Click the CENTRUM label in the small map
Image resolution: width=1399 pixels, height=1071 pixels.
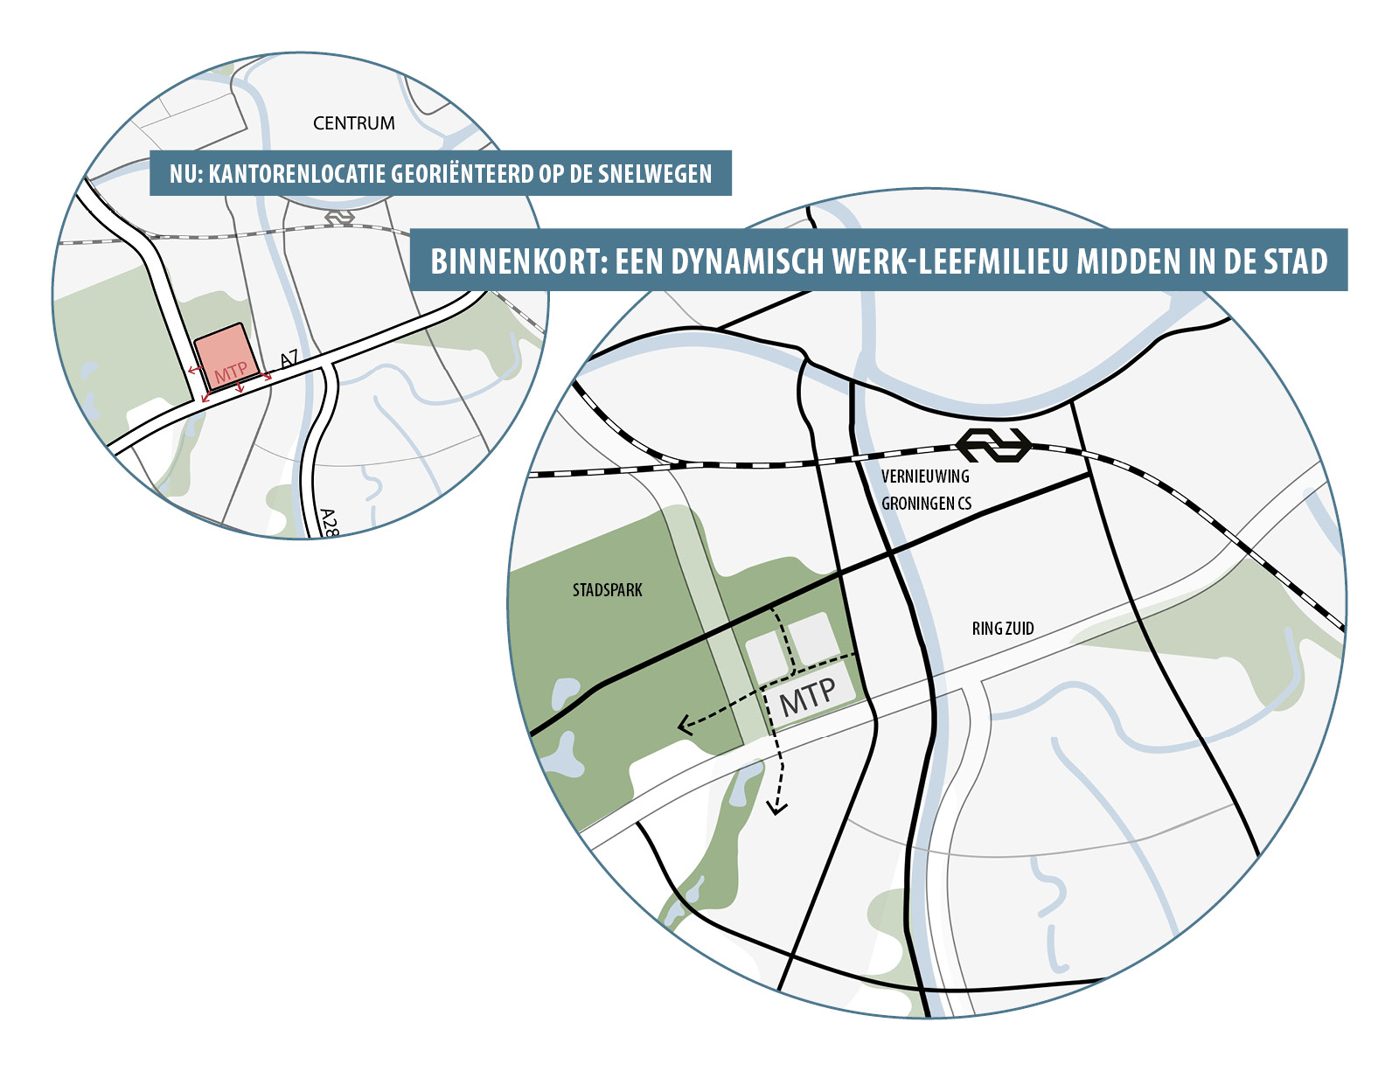pos(353,123)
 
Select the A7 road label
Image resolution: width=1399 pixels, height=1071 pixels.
pos(290,359)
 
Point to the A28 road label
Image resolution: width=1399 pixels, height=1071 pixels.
pos(328,522)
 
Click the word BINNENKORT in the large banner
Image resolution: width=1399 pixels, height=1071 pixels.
pos(513,261)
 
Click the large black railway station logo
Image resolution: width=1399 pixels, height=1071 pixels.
pos(994,445)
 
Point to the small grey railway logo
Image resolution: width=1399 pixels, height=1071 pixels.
pos(339,216)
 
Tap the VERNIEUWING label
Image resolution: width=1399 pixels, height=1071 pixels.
pos(925,476)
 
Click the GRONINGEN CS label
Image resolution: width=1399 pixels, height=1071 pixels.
pos(926,504)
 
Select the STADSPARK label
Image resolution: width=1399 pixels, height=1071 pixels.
pos(607,590)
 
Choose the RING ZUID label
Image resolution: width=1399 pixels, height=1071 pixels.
pos(1003,628)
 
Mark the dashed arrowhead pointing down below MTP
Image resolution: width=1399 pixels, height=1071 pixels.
pos(776,808)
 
